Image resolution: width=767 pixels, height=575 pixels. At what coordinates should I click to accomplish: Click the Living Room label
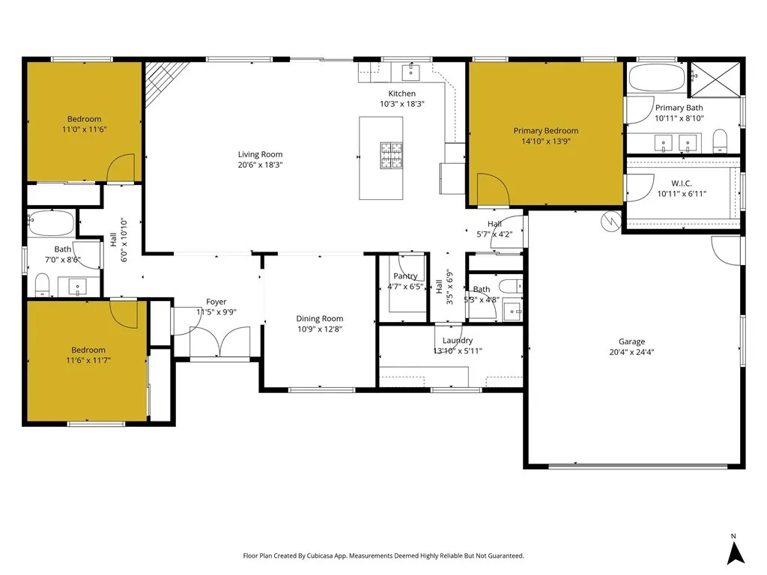(260, 154)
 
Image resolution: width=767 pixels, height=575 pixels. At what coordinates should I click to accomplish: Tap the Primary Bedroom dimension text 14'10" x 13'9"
(545, 141)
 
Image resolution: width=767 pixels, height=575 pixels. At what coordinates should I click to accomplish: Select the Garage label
(631, 341)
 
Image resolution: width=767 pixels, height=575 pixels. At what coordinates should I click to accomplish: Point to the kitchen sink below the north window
(410, 72)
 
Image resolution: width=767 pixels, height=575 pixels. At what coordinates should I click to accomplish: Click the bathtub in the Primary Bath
(656, 78)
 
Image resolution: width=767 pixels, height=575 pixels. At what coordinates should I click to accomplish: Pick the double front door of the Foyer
(205, 343)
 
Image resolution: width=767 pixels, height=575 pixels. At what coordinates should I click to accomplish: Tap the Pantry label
(405, 276)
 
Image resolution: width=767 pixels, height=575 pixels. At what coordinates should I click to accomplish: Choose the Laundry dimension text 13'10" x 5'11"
(457, 350)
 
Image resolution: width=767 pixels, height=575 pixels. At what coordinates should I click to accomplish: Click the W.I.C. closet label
(681, 183)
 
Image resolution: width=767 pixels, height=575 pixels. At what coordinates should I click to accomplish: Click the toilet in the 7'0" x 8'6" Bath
(42, 285)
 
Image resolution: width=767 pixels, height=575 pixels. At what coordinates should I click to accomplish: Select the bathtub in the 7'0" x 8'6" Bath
(51, 224)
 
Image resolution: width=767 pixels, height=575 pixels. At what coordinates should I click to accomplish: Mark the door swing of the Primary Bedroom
(491, 190)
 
